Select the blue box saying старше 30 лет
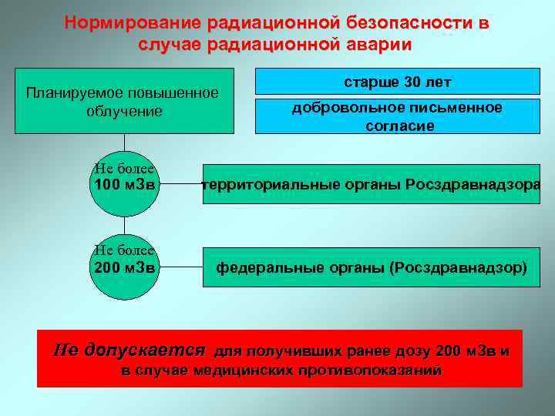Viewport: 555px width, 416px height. tap(397, 82)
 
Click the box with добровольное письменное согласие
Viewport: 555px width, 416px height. tap(397, 116)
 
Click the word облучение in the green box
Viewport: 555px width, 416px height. tap(124, 112)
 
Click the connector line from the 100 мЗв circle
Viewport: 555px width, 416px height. tap(181, 185)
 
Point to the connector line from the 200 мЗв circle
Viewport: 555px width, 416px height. tap(181, 268)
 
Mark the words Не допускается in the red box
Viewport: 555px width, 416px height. tap(129, 351)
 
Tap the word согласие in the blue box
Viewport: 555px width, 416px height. tap(399, 126)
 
